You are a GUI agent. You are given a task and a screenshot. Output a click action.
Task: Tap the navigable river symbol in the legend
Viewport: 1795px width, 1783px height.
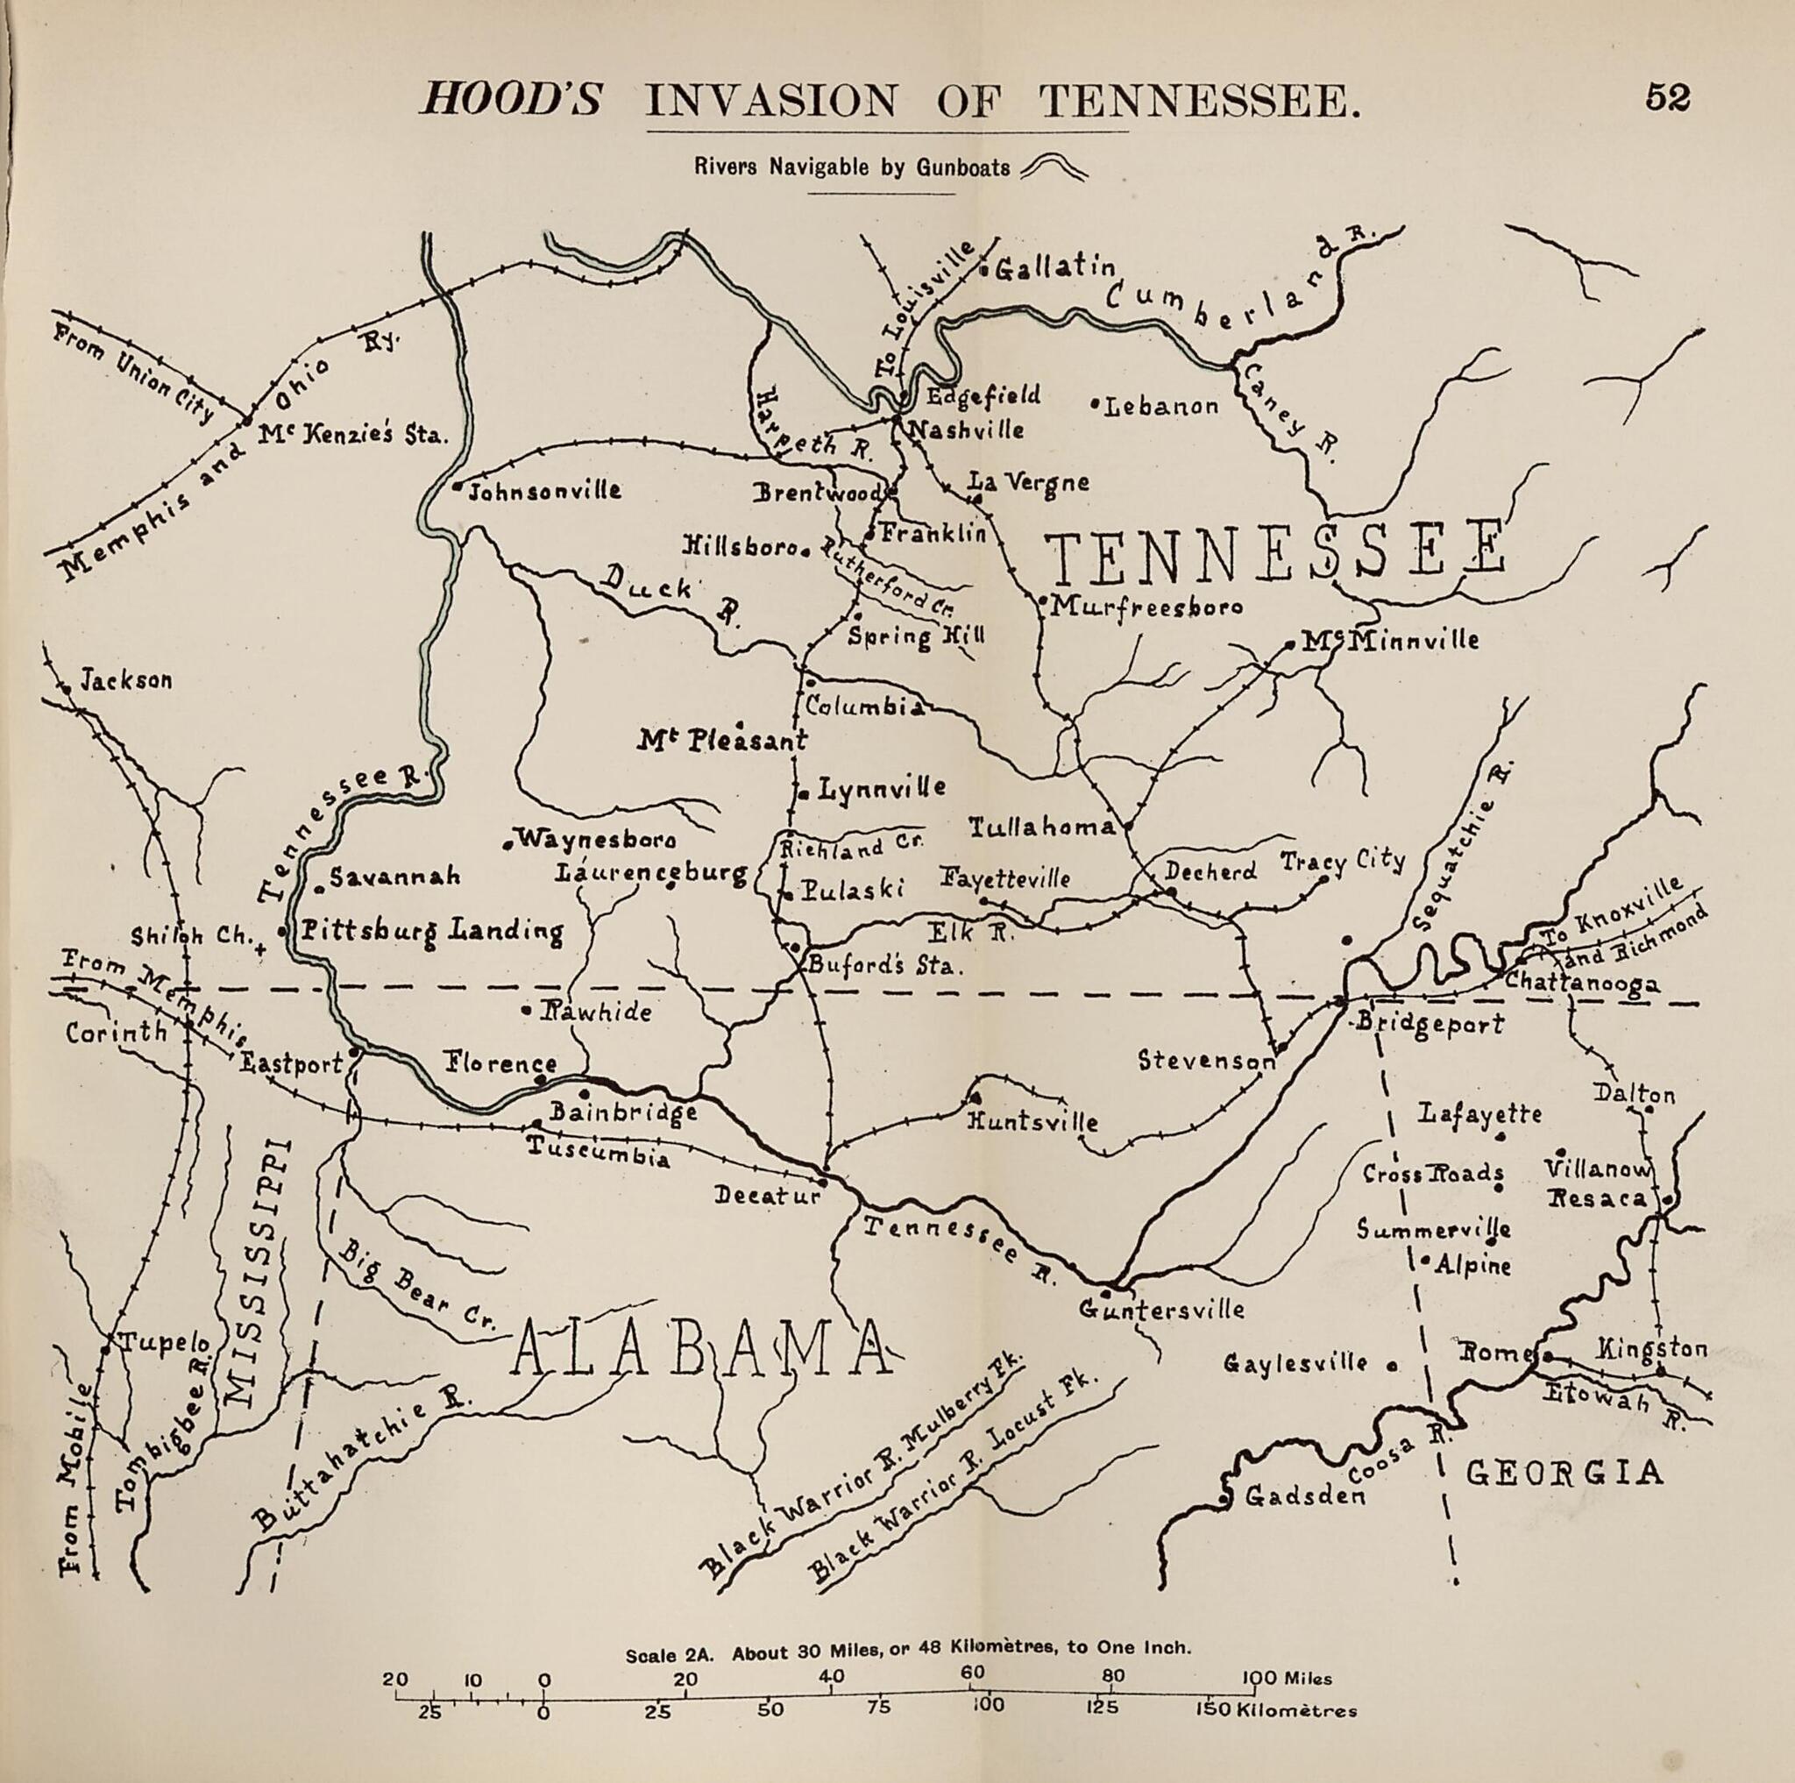pos(1053,167)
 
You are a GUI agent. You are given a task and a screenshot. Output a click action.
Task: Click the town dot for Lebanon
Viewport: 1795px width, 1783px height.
pos(1096,404)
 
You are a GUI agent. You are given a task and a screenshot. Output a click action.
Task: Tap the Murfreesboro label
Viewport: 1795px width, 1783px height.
pos(1146,607)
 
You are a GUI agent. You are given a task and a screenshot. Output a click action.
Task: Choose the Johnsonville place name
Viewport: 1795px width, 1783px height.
pos(543,491)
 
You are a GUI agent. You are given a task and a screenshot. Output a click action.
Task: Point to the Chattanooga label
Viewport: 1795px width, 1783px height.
pos(1581,981)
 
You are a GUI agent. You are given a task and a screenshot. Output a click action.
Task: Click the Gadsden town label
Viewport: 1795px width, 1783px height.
pos(1304,1495)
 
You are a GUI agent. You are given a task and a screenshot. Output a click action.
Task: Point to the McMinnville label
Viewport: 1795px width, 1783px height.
pos(1389,639)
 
